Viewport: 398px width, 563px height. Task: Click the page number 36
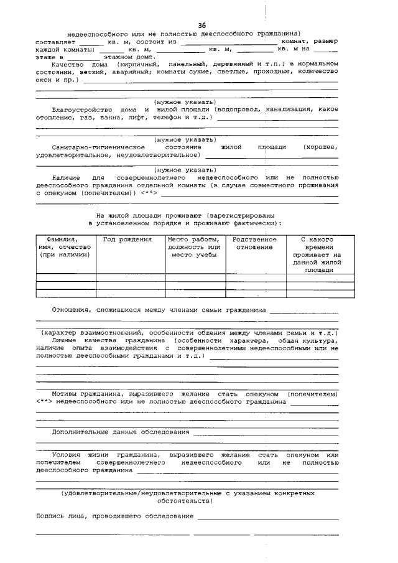pyautogui.click(x=201, y=24)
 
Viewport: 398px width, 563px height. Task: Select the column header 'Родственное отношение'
pyautogui.click(x=255, y=243)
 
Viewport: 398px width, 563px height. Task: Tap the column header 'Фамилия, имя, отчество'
pyautogui.click(x=65, y=247)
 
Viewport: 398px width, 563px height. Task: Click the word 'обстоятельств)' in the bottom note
pyautogui.click(x=187, y=500)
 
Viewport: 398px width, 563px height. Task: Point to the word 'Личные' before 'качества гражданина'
pyautogui.click(x=66, y=341)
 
